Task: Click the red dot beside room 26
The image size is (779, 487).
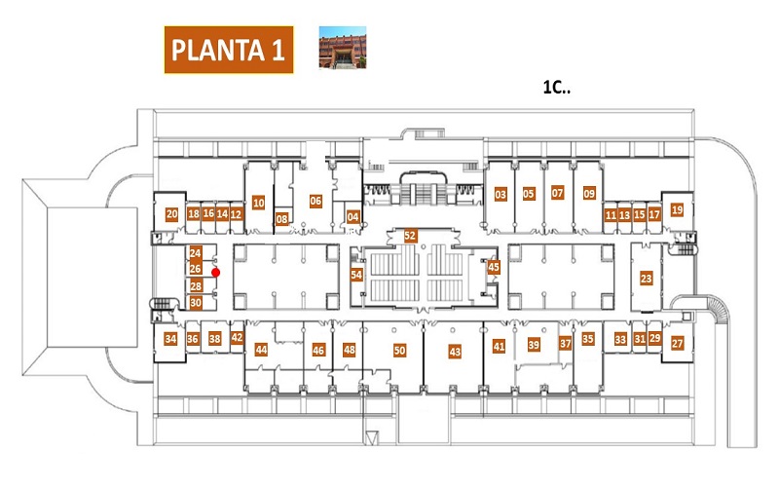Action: pyautogui.click(x=215, y=273)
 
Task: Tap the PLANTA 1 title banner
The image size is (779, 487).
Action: pyautogui.click(x=229, y=50)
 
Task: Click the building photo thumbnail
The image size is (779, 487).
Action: pyautogui.click(x=343, y=47)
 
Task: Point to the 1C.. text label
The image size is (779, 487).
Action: pyautogui.click(x=556, y=88)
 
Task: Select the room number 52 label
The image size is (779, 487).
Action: pyautogui.click(x=410, y=235)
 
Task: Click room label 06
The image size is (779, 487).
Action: pyautogui.click(x=315, y=201)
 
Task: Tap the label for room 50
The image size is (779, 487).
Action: pyautogui.click(x=399, y=351)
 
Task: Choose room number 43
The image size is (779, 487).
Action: pyautogui.click(x=455, y=352)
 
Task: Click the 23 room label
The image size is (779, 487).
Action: pyautogui.click(x=646, y=279)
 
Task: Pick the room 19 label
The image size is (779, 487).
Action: pyautogui.click(x=677, y=209)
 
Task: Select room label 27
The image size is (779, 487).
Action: pyautogui.click(x=677, y=343)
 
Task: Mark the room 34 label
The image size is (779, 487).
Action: pyautogui.click(x=170, y=339)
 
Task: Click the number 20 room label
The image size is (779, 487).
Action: pyautogui.click(x=171, y=214)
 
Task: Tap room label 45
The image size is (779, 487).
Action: pyautogui.click(x=494, y=267)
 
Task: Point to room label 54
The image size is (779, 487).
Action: pyautogui.click(x=356, y=275)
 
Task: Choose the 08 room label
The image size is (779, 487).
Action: pyautogui.click(x=281, y=218)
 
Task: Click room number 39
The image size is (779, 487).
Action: pyautogui.click(x=534, y=345)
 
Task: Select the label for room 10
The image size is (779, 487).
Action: pyautogui.click(x=258, y=203)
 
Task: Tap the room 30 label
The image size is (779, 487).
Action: pyautogui.click(x=196, y=303)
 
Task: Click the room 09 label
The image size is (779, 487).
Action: pyautogui.click(x=589, y=193)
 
